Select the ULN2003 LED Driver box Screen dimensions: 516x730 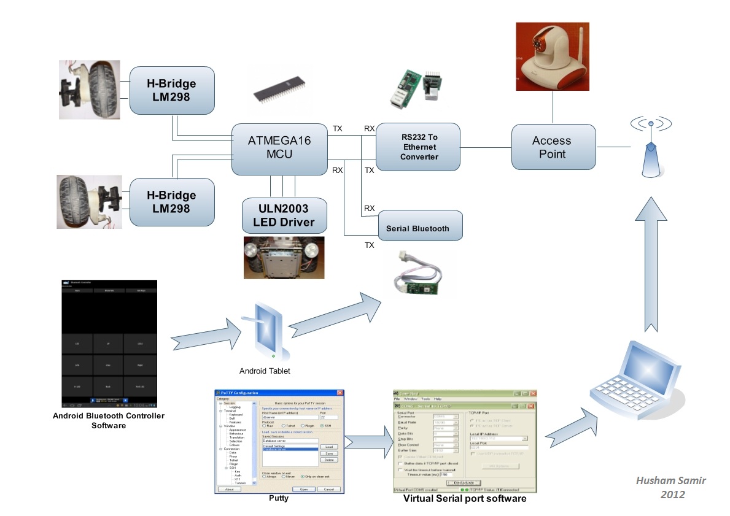(x=284, y=215)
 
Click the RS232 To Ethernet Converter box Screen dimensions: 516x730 (x=418, y=147)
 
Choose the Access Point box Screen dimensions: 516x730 (x=553, y=147)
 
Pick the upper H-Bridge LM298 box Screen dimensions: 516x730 (x=171, y=90)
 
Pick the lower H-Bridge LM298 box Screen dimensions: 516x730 (x=171, y=202)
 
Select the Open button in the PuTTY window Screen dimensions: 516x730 (x=304, y=489)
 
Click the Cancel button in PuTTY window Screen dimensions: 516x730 (x=328, y=489)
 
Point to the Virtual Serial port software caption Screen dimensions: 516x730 (x=464, y=499)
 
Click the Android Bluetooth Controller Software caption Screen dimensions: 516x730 (x=109, y=420)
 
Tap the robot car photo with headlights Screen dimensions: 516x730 (x=284, y=257)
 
